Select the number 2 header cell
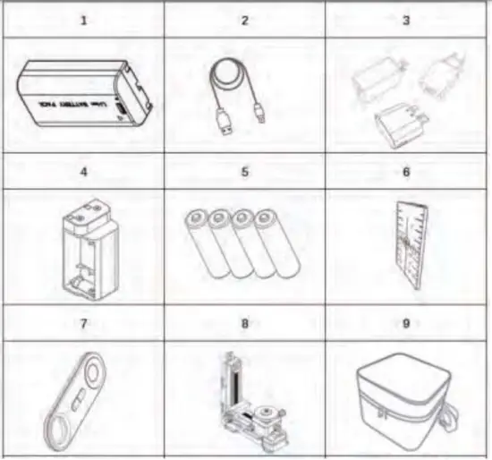point(244,19)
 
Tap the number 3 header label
point(405,19)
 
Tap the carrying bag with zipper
point(407,398)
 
